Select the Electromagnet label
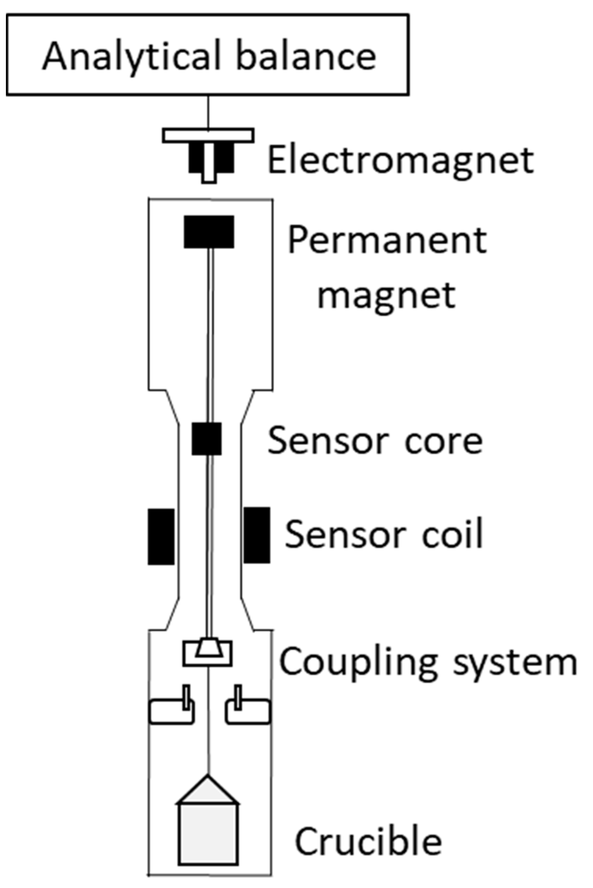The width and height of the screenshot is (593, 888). pyautogui.click(x=400, y=161)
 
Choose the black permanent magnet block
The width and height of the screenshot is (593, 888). pyautogui.click(x=209, y=232)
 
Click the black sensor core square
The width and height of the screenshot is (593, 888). pyautogui.click(x=207, y=439)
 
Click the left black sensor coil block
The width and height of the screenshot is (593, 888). pyautogui.click(x=161, y=536)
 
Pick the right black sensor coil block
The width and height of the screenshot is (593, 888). pyautogui.click(x=257, y=535)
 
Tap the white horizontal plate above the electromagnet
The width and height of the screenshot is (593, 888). pyautogui.click(x=208, y=135)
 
